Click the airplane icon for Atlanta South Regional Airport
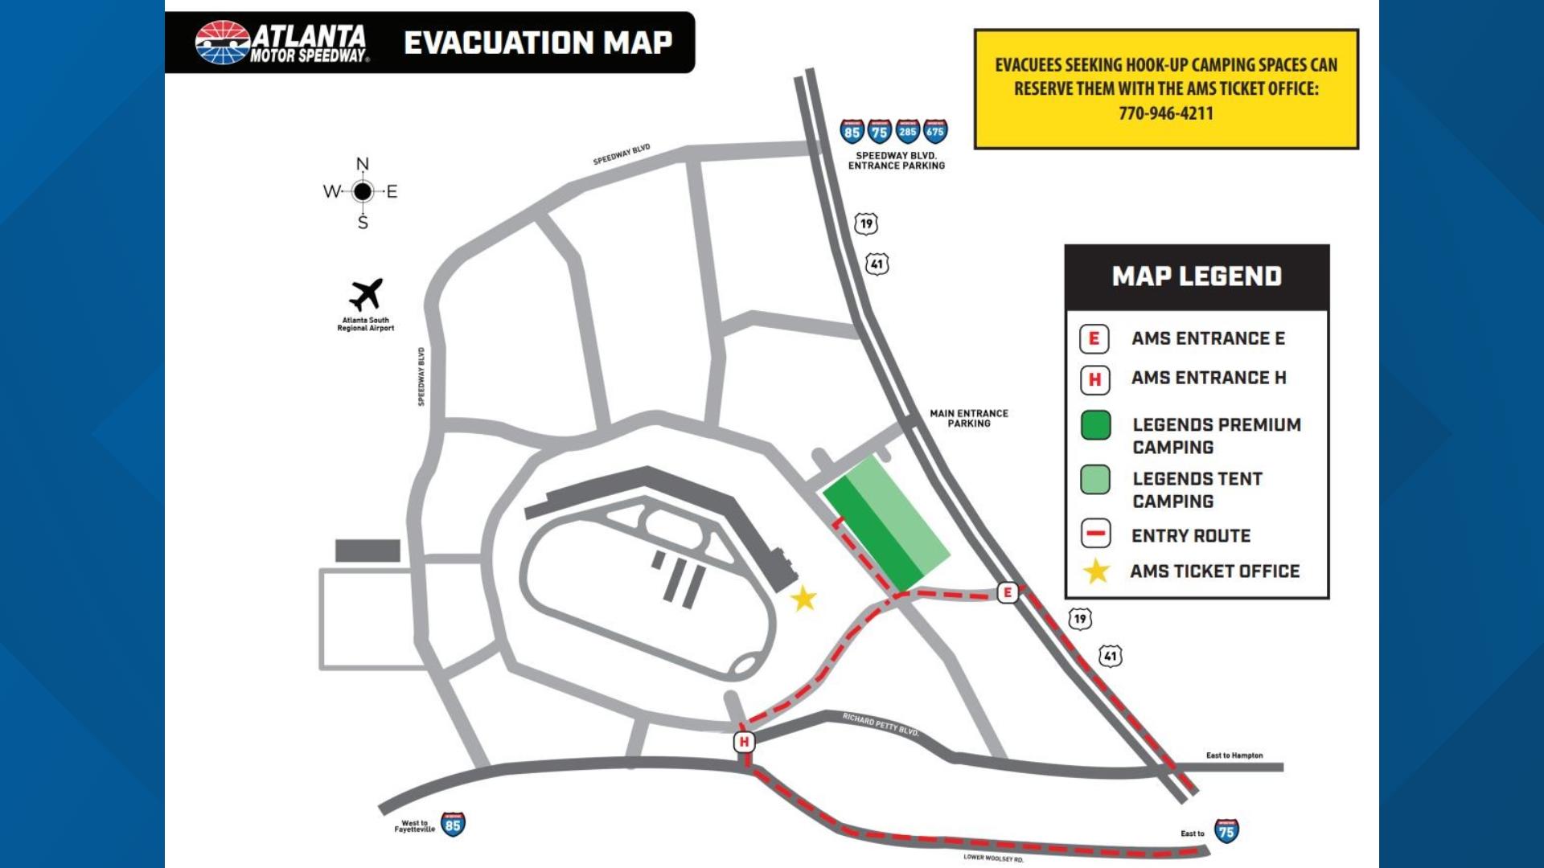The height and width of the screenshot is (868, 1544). tap(366, 295)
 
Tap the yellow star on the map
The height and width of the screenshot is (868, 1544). tap(803, 598)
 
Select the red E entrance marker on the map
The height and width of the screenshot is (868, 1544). tap(1008, 593)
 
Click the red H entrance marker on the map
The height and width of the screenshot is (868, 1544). tap(744, 742)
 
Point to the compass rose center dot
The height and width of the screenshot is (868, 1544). tap(363, 191)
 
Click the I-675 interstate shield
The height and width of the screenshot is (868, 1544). tap(935, 131)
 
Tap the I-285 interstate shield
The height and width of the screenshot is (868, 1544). tap(908, 131)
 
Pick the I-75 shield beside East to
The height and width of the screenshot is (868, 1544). tap(1226, 831)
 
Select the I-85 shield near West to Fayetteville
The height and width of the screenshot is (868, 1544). tap(454, 825)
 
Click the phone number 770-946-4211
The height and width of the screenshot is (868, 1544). tap(1166, 113)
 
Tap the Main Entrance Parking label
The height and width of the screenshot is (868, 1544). tap(968, 418)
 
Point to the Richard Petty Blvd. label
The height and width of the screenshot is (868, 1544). tap(881, 723)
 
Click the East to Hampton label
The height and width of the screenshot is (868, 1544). tap(1234, 755)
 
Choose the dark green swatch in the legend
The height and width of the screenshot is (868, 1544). tap(1095, 425)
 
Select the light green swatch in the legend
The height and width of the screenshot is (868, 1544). tap(1095, 479)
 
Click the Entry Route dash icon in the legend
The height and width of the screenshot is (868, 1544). tap(1095, 534)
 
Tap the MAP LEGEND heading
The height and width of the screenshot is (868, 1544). tap(1197, 276)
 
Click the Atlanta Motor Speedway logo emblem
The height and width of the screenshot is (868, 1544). tap(223, 42)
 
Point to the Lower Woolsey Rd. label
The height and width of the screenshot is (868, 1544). tap(993, 858)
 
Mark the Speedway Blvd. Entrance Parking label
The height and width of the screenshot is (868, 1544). tap(896, 161)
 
